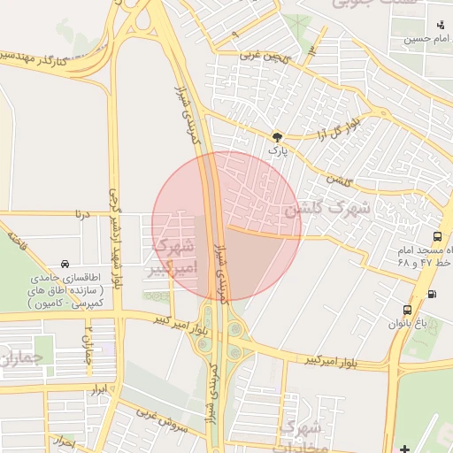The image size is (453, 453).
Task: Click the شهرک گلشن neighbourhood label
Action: (x=326, y=211)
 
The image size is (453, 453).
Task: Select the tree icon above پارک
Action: (x=278, y=137)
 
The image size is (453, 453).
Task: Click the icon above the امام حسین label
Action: (x=441, y=24)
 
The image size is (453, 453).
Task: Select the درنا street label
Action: (x=84, y=212)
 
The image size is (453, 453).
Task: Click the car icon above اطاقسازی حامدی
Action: (x=65, y=264)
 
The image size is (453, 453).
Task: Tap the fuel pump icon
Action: (x=432, y=295)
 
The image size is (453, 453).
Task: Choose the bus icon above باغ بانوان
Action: (x=407, y=310)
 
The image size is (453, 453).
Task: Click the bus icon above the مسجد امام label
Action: (x=438, y=236)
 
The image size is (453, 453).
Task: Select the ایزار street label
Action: (x=97, y=389)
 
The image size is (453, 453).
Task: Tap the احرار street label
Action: (x=64, y=440)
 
